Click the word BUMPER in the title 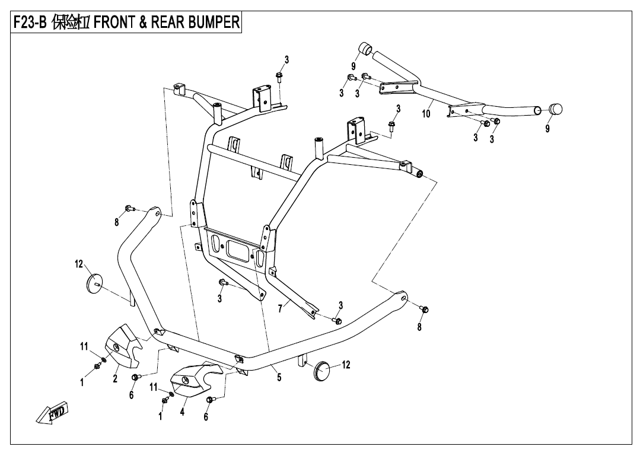click(210, 23)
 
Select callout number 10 click(426, 114)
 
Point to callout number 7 click(280, 308)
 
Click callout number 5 click(279, 377)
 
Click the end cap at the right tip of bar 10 click(556, 110)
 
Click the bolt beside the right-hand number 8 click(425, 309)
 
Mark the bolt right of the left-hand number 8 click(129, 208)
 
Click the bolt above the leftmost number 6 click(136, 377)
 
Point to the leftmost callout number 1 click(82, 382)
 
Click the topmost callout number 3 click(286, 59)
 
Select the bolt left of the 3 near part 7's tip click(337, 321)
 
